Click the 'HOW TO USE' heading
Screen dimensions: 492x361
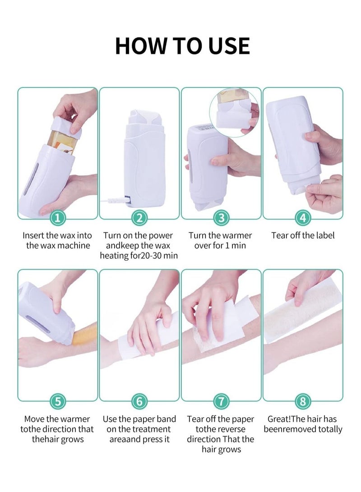click(182, 46)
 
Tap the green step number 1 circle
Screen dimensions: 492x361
click(57, 219)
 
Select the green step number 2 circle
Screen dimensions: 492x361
click(139, 219)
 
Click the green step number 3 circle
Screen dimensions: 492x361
click(221, 219)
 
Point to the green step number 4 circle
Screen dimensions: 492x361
click(303, 219)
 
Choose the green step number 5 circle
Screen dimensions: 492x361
click(57, 400)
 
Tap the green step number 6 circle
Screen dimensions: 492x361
click(139, 400)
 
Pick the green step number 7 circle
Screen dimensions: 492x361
click(221, 400)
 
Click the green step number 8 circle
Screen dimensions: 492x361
click(303, 400)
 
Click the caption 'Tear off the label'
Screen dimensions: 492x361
click(303, 235)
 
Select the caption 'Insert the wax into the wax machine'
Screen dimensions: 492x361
click(57, 240)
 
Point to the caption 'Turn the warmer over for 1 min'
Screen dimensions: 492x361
click(220, 240)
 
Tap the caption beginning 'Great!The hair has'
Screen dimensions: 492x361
click(303, 424)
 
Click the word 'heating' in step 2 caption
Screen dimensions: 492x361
click(115, 256)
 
